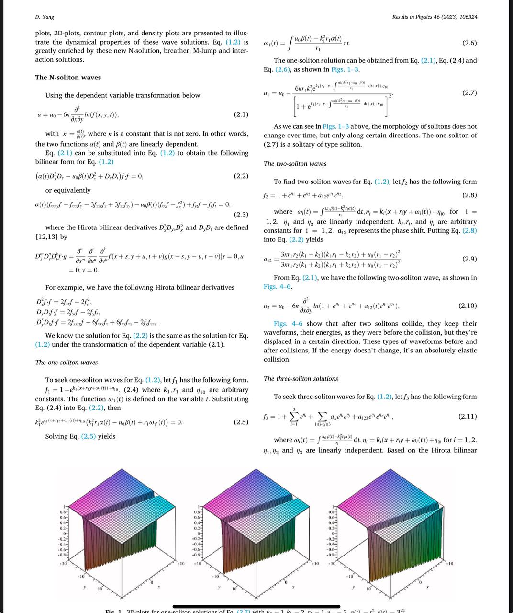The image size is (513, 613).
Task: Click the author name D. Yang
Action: (45, 17)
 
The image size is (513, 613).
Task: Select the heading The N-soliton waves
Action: (68, 78)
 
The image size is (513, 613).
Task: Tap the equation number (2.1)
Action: (241, 115)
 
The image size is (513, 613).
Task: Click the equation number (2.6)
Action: (469, 43)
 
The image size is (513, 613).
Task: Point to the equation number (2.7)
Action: (469, 93)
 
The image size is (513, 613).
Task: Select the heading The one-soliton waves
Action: (67, 363)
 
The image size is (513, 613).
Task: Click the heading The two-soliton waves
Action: (295, 164)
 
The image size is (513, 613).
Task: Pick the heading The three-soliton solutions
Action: (301, 379)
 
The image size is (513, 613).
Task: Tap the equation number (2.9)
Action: (469, 259)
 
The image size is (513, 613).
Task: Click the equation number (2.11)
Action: (468, 416)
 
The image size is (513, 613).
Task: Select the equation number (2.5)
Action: (241, 422)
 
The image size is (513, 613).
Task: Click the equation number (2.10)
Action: (468, 306)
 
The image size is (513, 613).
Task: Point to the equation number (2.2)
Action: (241, 176)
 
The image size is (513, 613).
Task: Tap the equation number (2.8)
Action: (469, 195)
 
